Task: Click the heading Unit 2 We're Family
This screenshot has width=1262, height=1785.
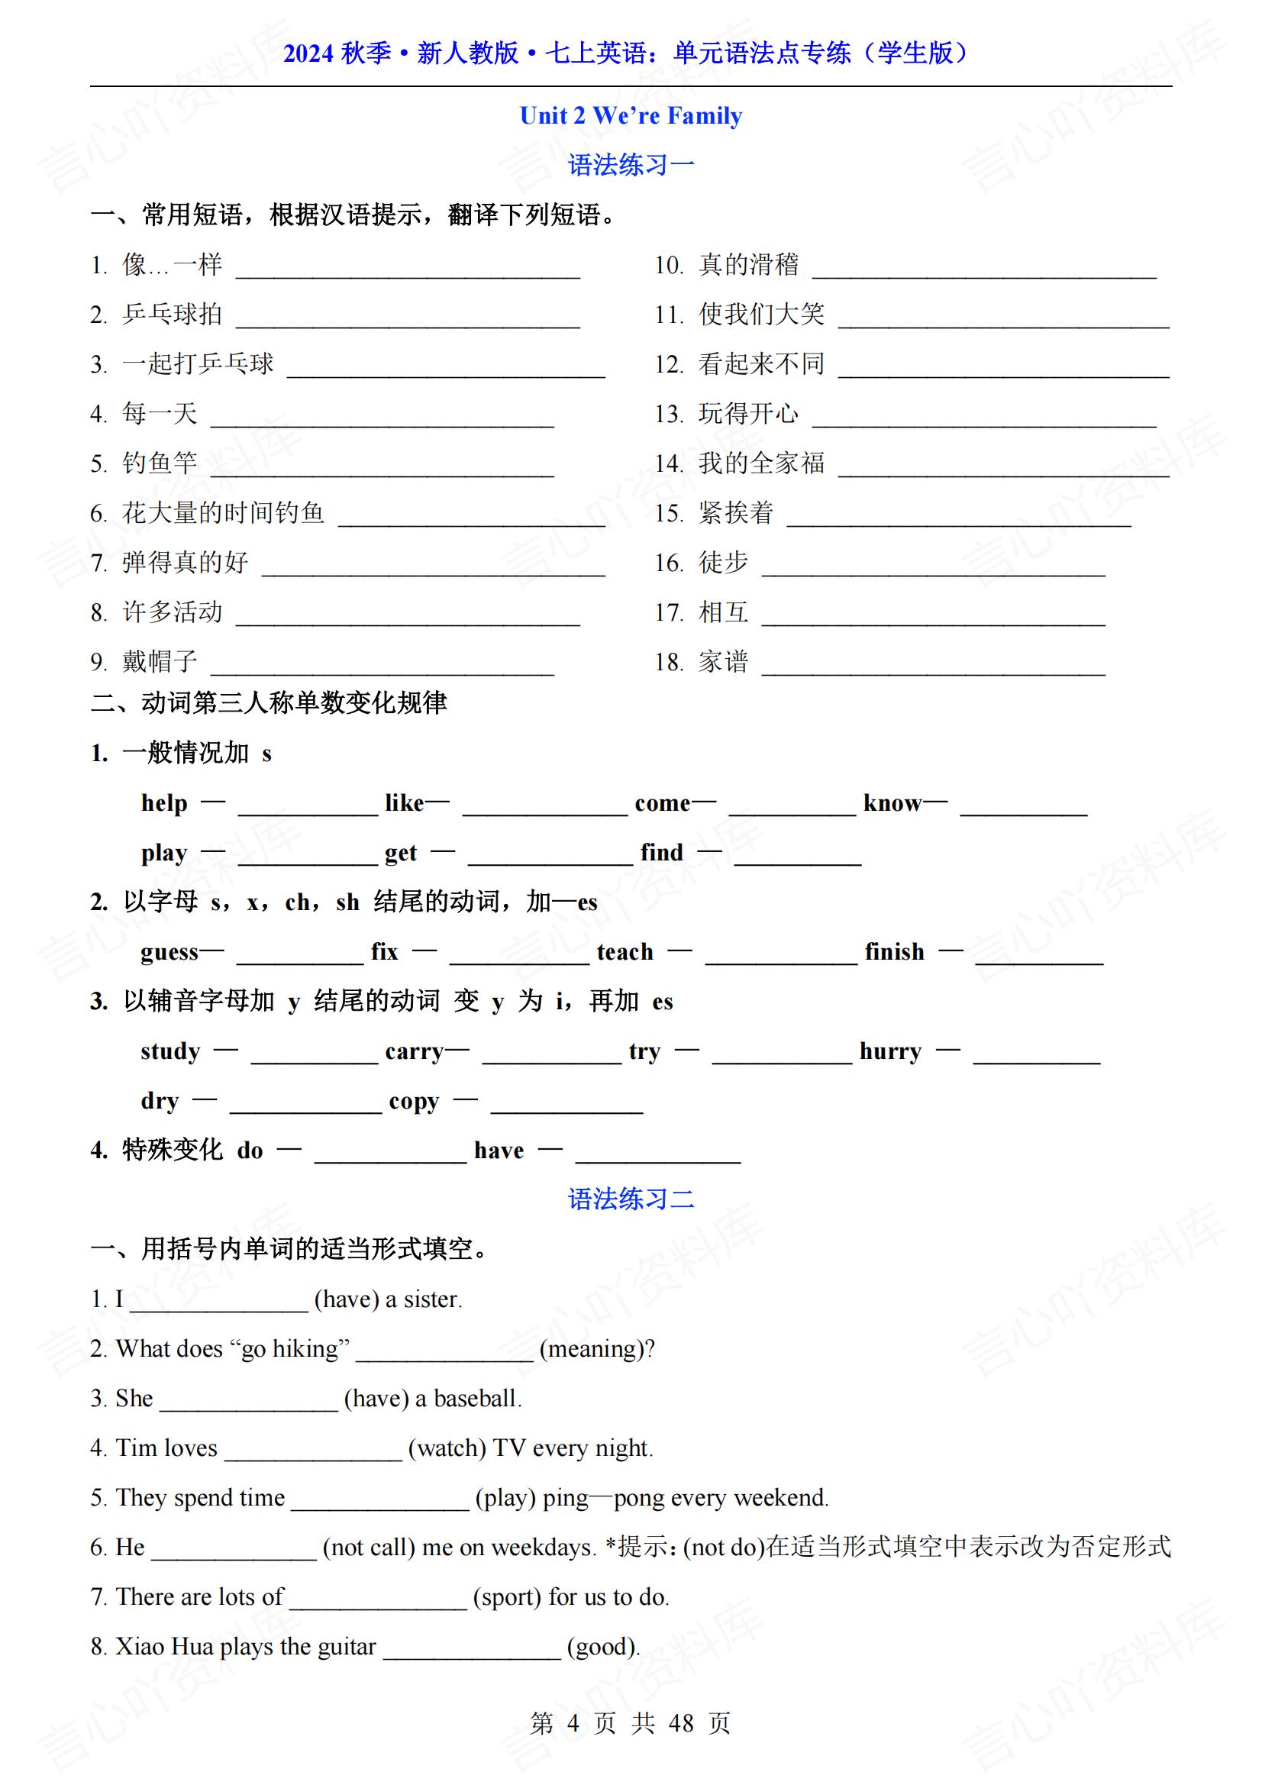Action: tap(631, 116)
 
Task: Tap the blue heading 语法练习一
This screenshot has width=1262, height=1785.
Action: tap(631, 165)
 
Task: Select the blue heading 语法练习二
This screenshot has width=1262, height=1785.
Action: tap(631, 1199)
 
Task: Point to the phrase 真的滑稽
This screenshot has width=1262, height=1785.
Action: tap(749, 265)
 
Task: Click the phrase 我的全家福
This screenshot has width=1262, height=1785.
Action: tap(761, 463)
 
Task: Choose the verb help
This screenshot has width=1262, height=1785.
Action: tap(164, 803)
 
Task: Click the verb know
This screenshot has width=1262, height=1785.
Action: tap(892, 803)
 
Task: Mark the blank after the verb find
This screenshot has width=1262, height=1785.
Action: tap(798, 859)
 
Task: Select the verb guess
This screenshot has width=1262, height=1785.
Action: tap(169, 952)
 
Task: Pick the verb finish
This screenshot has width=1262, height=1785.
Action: tap(894, 951)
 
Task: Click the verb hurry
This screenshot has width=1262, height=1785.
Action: tap(890, 1051)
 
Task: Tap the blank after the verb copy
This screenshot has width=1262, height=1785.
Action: tap(566, 1108)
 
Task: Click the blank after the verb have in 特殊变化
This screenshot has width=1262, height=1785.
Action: tap(658, 1157)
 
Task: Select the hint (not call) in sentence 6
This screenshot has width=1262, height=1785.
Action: tap(369, 1547)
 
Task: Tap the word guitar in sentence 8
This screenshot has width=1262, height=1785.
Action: tap(346, 1647)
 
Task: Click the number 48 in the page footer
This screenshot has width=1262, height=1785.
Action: tap(680, 1724)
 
